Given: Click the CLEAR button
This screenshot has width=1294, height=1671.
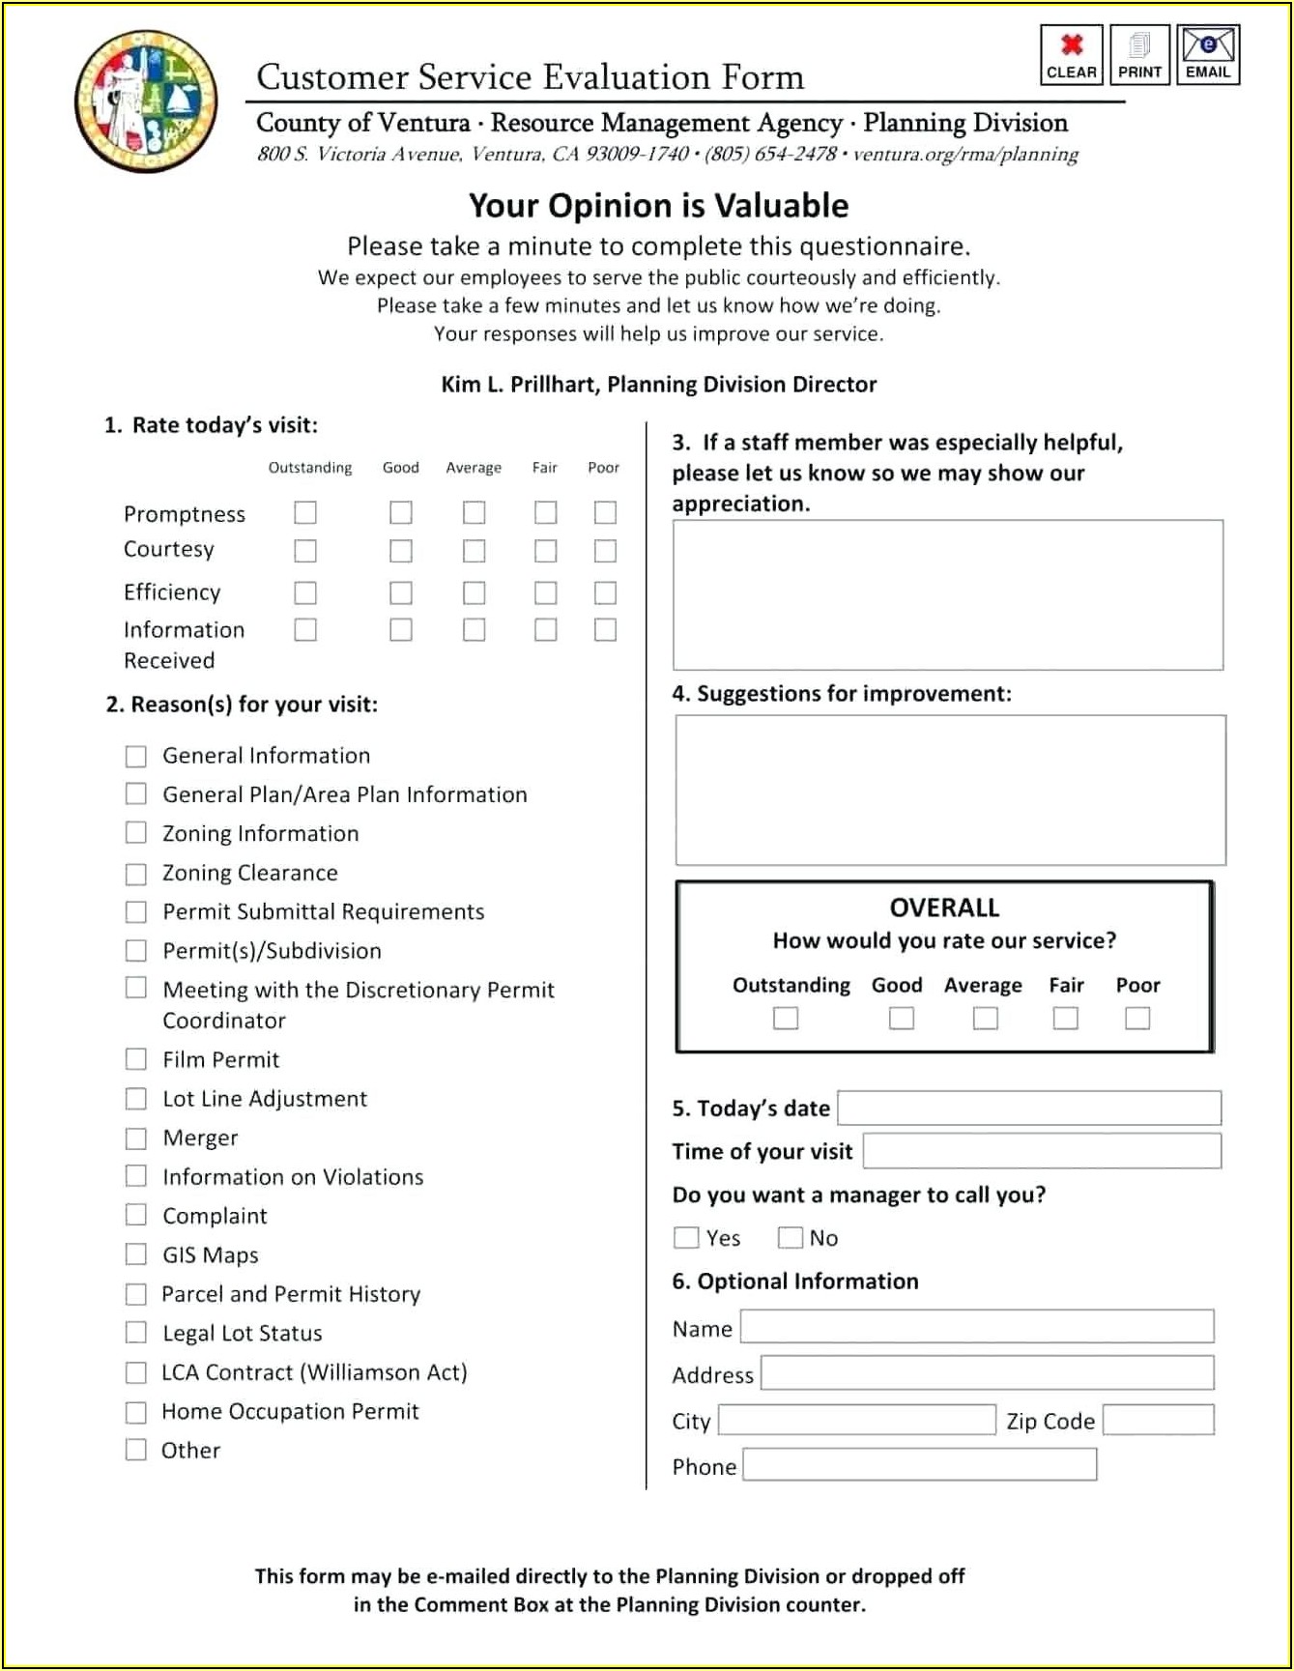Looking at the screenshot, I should pyautogui.click(x=1071, y=55).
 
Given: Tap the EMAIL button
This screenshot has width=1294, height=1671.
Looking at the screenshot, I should pyautogui.click(x=1208, y=55).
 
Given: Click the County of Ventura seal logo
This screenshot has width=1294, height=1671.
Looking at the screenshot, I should pyautogui.click(x=146, y=101).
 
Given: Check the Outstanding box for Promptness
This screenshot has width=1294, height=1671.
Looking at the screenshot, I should pyautogui.click(x=305, y=512).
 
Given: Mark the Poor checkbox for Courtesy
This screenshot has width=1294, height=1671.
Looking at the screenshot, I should pyautogui.click(x=605, y=551).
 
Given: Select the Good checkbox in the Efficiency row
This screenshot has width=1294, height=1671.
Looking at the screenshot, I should pyautogui.click(x=401, y=592).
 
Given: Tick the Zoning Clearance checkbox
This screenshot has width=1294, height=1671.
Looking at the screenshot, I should pyautogui.click(x=136, y=874).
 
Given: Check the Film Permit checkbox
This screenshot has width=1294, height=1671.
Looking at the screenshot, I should pyautogui.click(x=136, y=1059).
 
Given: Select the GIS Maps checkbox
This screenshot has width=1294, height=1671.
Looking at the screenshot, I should pyautogui.click(x=136, y=1254).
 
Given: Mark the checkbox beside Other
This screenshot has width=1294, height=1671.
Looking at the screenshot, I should pyautogui.click(x=136, y=1450).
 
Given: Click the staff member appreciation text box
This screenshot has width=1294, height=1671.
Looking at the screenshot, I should pyautogui.click(x=947, y=594).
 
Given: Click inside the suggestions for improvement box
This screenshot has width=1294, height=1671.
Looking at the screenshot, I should pyautogui.click(x=950, y=790).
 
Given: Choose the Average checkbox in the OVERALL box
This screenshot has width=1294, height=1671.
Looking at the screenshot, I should pyautogui.click(x=985, y=1019).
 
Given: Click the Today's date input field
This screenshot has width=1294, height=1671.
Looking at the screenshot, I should pyautogui.click(x=1029, y=1108).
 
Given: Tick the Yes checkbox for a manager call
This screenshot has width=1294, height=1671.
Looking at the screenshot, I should pyautogui.click(x=686, y=1238).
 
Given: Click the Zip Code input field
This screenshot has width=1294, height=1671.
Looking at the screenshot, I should pyautogui.click(x=1158, y=1420).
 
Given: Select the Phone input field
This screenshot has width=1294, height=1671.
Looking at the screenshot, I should pyautogui.click(x=919, y=1465).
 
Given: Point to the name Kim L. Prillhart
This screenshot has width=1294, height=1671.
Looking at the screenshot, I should pyautogui.click(x=520, y=385).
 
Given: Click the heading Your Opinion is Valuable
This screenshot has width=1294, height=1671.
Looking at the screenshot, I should pyautogui.click(x=658, y=206).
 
